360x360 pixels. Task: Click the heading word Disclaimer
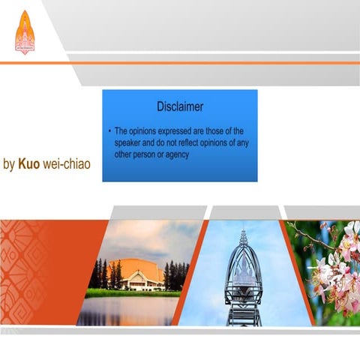click(x=180, y=107)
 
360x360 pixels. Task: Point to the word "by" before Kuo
click(x=9, y=163)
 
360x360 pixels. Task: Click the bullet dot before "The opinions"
click(x=109, y=130)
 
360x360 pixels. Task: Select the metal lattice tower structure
click(x=243, y=281)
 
